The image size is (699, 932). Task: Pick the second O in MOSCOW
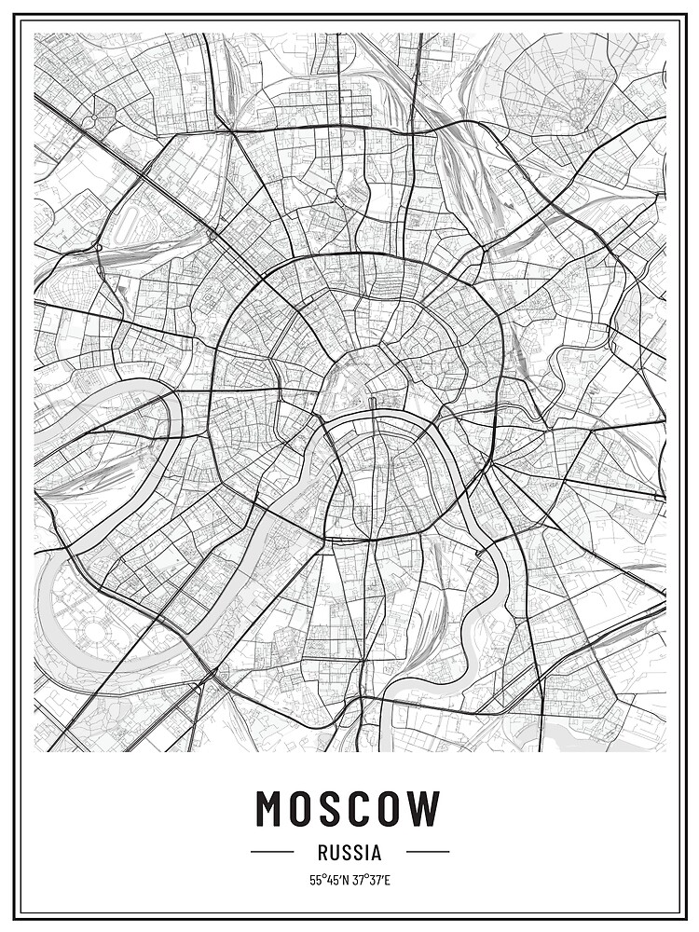(x=394, y=808)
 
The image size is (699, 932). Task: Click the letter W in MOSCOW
(x=428, y=808)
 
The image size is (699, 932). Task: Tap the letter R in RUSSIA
(x=322, y=852)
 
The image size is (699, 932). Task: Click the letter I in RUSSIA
(x=365, y=852)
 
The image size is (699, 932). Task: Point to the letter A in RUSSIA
(x=375, y=852)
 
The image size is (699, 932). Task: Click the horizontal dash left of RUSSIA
(x=272, y=852)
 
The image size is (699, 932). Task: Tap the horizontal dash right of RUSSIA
(x=427, y=852)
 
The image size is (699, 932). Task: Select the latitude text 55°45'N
(x=328, y=880)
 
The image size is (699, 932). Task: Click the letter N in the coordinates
(x=345, y=880)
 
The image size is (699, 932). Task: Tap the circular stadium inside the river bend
(x=94, y=635)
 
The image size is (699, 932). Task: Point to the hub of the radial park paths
(x=577, y=115)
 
